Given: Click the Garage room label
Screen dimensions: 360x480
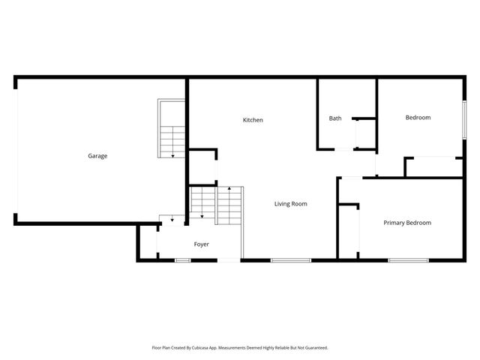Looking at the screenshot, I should [x=97, y=156].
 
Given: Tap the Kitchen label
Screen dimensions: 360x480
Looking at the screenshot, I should [x=253, y=120].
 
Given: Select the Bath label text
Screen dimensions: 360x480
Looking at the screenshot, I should [x=335, y=118].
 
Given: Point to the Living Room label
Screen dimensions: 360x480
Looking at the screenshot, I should [x=290, y=204].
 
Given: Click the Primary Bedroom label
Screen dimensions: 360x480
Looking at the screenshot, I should [x=407, y=223].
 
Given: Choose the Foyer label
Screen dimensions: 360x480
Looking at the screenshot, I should [x=201, y=244].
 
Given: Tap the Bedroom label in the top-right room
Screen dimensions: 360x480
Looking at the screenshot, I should [x=418, y=118].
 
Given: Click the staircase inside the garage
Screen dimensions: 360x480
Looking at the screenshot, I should [x=172, y=127].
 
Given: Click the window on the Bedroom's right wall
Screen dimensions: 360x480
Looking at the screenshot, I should [x=463, y=118].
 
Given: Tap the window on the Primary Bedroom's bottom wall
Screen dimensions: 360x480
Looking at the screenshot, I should [x=408, y=260].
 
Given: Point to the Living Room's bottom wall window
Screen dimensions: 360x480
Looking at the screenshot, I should [x=290, y=260].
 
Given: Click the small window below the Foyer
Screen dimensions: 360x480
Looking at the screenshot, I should [x=182, y=260].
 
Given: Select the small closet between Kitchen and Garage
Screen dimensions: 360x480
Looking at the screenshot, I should [x=202, y=166].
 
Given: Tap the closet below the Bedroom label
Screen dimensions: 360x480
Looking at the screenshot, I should [x=433, y=166].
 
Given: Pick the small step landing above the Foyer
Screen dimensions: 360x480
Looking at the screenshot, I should [x=172, y=220].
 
